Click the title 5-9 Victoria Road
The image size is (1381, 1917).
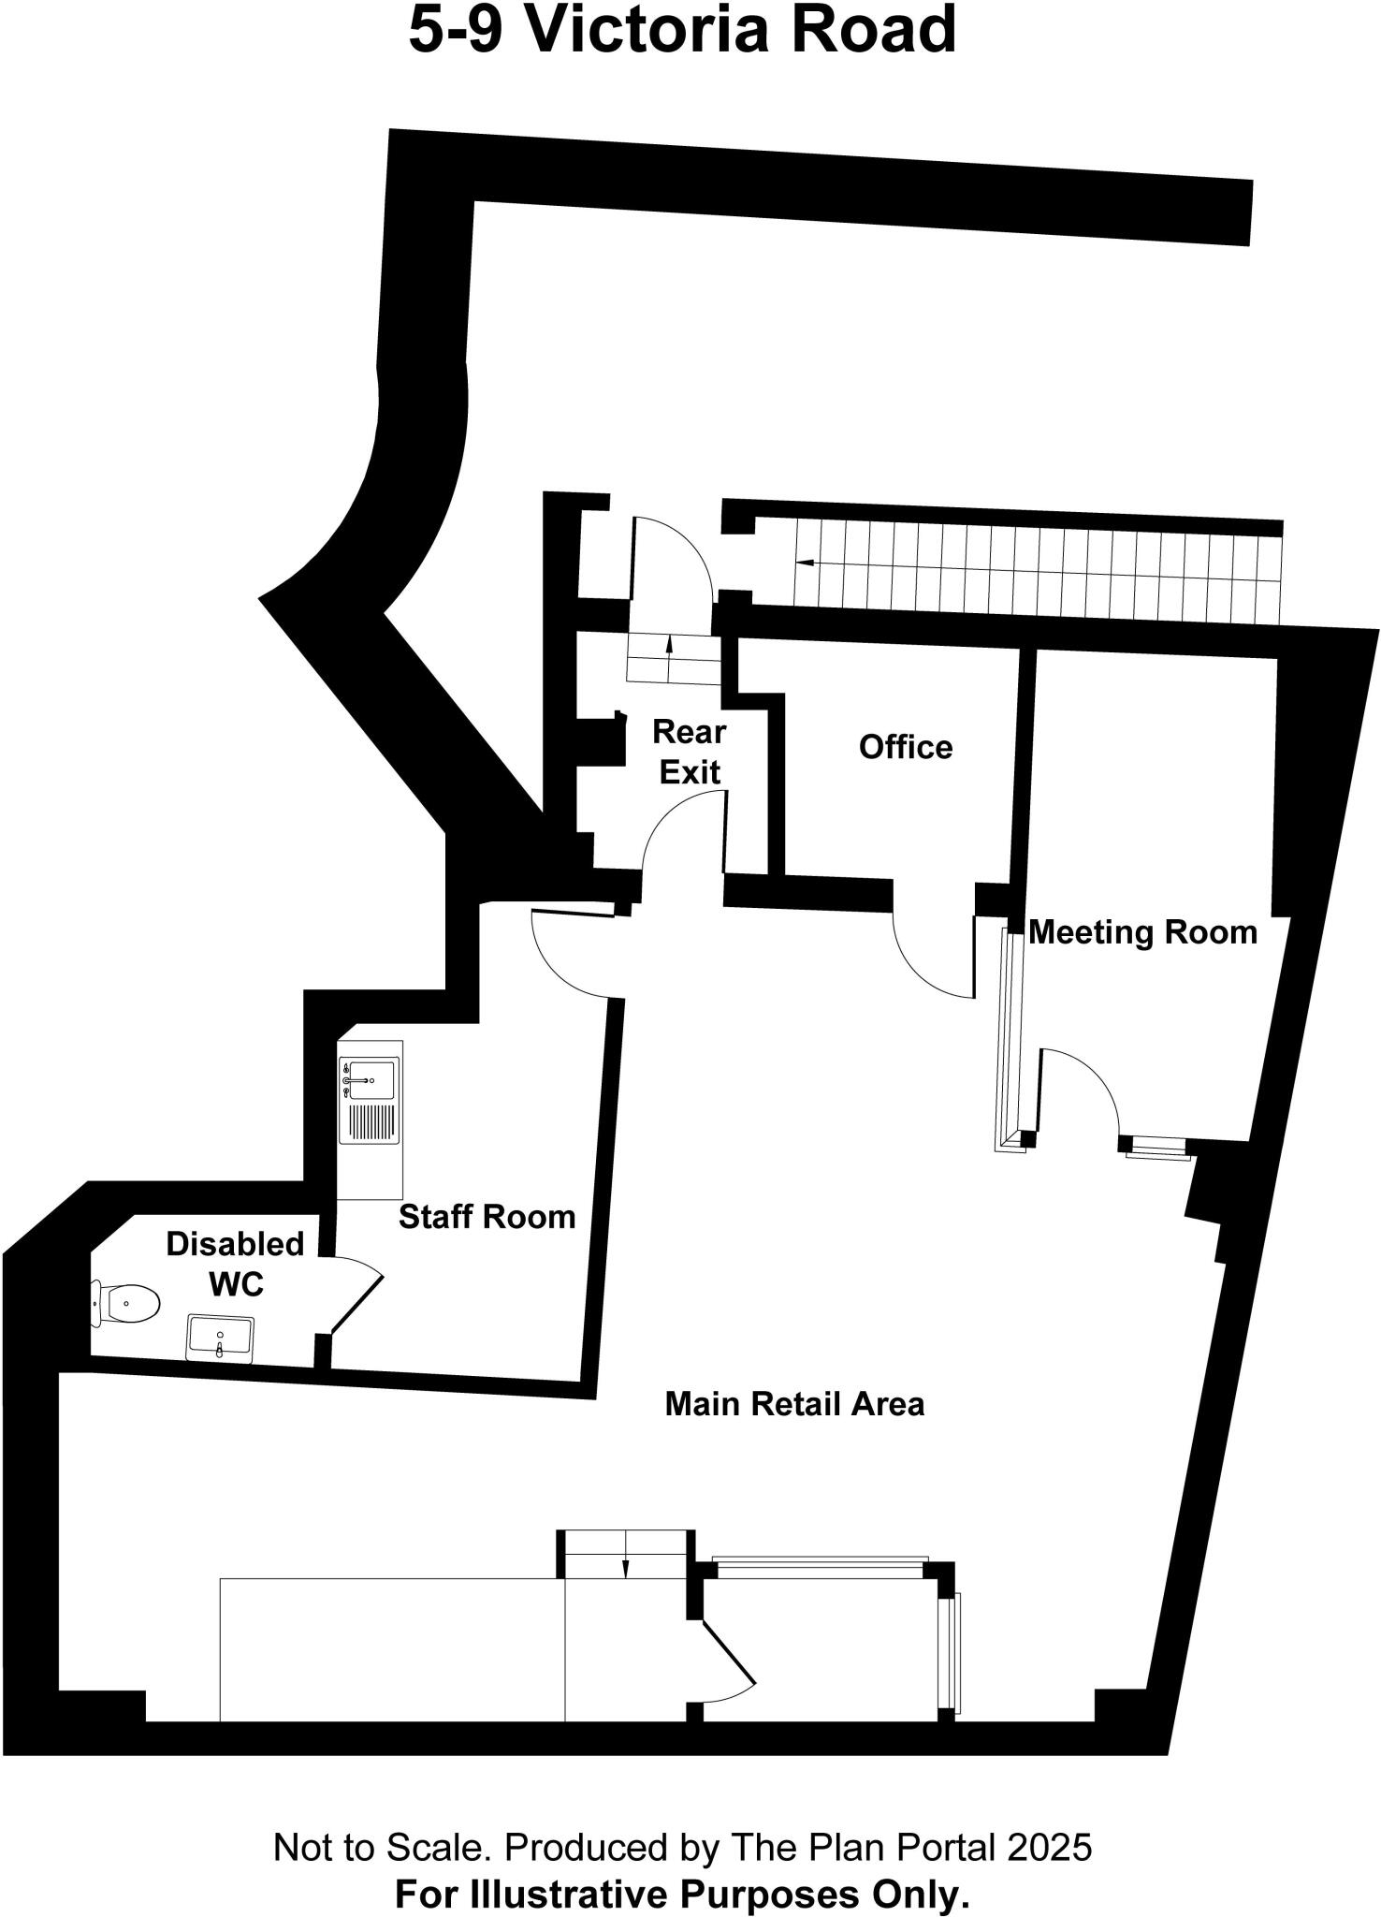pos(683,30)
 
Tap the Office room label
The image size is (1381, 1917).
pos(905,747)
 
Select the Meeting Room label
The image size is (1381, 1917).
pos(1142,932)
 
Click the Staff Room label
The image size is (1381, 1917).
pos(487,1217)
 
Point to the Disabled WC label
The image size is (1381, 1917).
pos(236,1264)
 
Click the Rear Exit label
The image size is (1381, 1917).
pos(690,751)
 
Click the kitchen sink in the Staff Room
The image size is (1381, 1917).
pos(369,1081)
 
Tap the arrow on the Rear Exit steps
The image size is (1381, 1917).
pos(670,646)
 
